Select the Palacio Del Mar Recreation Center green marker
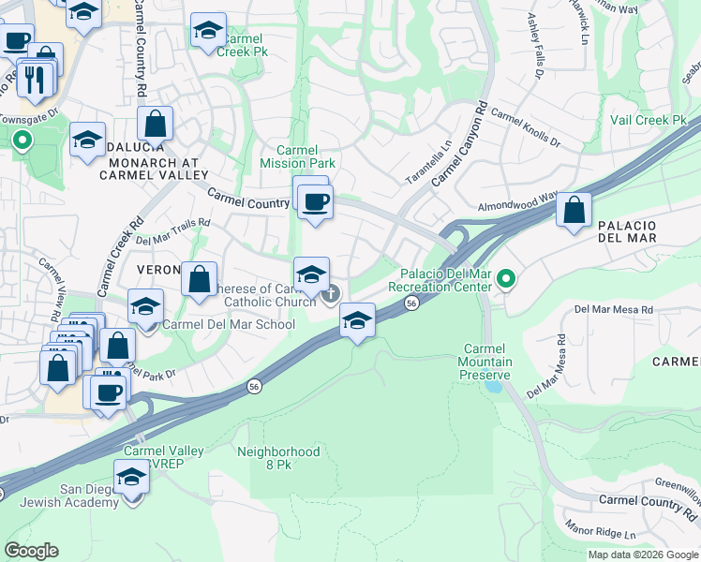pyautogui.click(x=507, y=278)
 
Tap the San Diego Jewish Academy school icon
pyautogui.click(x=131, y=478)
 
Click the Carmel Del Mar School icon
pyautogui.click(x=145, y=306)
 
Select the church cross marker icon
pyautogui.click(x=330, y=296)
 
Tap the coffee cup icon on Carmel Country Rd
pyautogui.click(x=315, y=200)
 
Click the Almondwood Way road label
pyautogui.click(x=517, y=202)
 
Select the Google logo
pyautogui.click(x=31, y=551)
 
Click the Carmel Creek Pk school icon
pyautogui.click(x=208, y=30)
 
